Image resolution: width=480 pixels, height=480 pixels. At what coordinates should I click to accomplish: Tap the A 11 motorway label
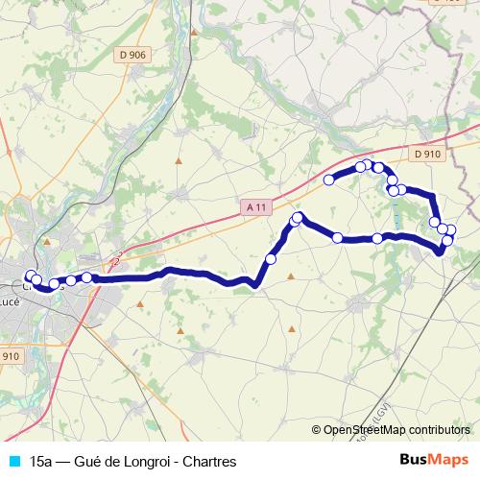tap(255, 206)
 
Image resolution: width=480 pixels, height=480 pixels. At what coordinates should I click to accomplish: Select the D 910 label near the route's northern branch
tap(428, 154)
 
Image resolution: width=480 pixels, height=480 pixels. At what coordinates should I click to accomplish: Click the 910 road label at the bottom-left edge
tap(9, 356)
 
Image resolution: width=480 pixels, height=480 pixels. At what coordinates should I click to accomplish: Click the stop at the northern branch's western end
tap(329, 180)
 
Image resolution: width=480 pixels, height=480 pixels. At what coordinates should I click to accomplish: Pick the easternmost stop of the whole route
tap(451, 229)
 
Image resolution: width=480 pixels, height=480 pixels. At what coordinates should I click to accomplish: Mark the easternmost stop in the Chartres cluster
tap(86, 277)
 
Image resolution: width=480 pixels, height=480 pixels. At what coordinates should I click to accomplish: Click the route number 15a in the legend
tap(40, 461)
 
